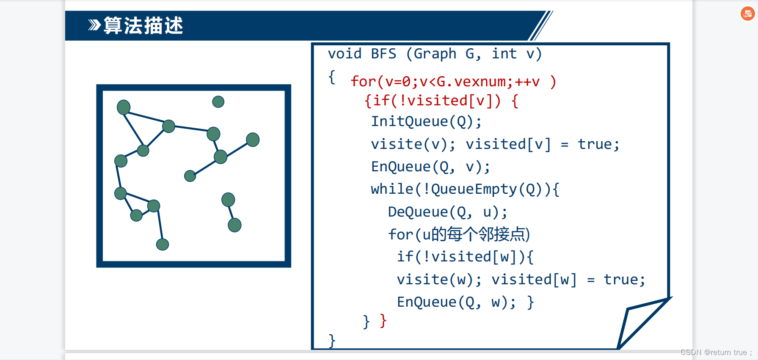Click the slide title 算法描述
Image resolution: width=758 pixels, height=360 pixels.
(x=143, y=26)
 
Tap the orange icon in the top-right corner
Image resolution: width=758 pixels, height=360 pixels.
(x=747, y=14)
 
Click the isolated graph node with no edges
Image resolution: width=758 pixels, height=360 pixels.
(x=218, y=102)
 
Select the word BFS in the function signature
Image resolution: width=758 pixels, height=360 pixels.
(x=383, y=54)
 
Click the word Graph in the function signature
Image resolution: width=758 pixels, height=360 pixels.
(x=435, y=54)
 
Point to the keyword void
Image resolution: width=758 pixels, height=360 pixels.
(x=345, y=54)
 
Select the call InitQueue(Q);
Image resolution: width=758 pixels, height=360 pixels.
(x=426, y=122)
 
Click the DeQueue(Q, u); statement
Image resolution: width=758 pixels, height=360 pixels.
(x=447, y=212)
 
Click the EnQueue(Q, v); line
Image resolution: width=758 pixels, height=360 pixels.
(x=430, y=167)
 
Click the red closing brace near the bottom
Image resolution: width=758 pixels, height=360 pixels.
(x=383, y=321)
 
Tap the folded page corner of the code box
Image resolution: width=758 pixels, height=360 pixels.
(x=639, y=322)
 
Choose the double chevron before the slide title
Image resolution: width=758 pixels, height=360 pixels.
(x=94, y=25)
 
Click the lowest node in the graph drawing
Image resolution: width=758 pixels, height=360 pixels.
(x=163, y=244)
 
